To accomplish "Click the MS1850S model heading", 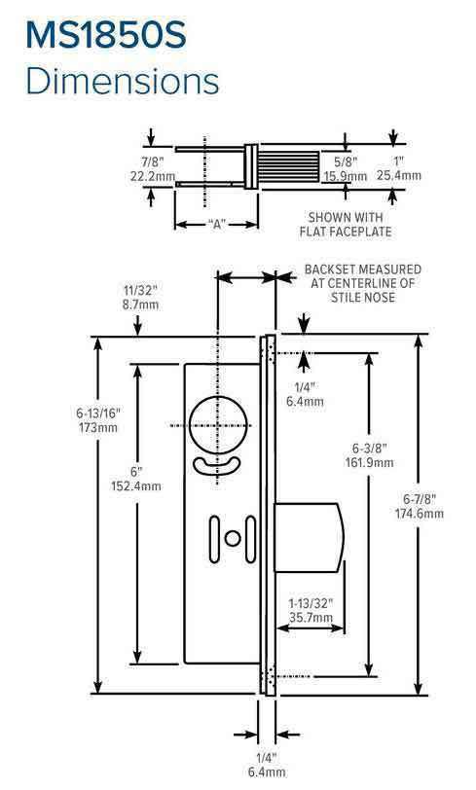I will [118, 36].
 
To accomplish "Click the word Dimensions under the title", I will [123, 82].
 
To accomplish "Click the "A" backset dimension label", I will [216, 225].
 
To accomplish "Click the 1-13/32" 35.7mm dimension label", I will [311, 609].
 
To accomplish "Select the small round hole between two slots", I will [232, 538].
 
